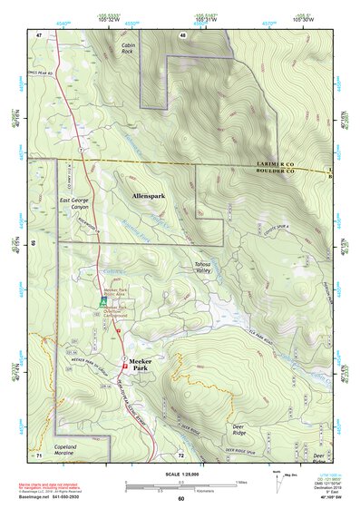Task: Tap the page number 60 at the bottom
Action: (180, 498)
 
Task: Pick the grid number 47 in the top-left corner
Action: (39, 34)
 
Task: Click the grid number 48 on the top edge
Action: (182, 34)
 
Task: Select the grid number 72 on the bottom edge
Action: (181, 454)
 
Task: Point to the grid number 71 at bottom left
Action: (39, 454)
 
